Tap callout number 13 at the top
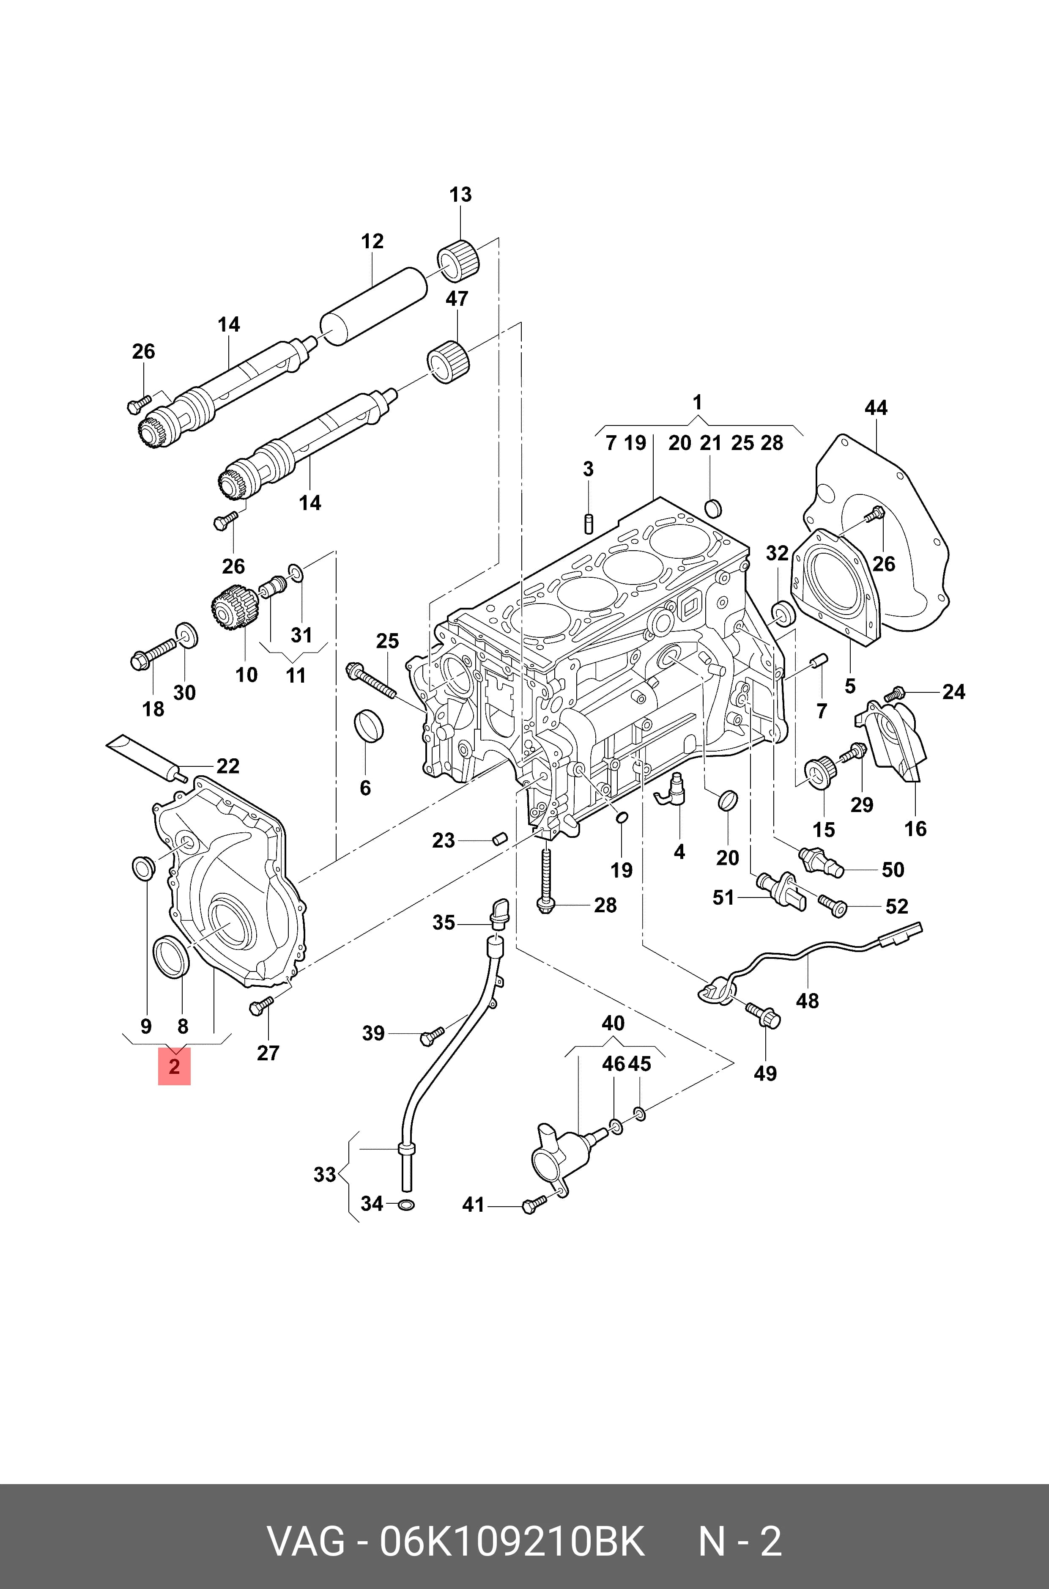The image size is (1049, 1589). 460,195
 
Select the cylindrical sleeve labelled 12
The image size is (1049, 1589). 373,307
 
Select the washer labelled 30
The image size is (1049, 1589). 186,635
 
